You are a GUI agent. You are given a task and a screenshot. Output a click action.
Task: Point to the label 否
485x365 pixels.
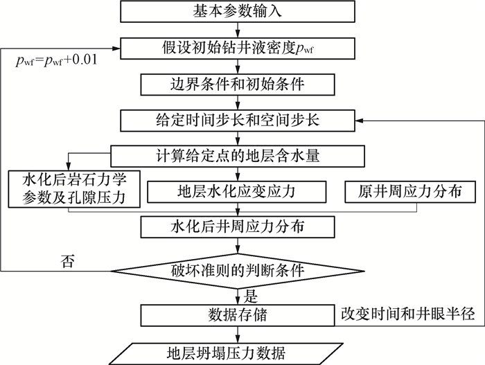(66, 261)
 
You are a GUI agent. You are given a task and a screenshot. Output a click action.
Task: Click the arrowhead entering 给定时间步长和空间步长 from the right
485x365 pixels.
(362, 119)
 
